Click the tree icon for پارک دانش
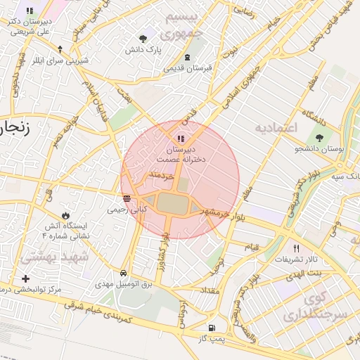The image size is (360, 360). (x=144, y=38)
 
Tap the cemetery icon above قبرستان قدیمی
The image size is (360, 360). (x=187, y=57)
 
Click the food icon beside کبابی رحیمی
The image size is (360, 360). (x=127, y=198)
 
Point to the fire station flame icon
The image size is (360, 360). (x=65, y=215)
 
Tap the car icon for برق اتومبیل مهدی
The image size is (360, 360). (x=124, y=272)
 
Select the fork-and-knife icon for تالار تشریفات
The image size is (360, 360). (x=296, y=248)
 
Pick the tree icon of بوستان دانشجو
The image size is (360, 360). (x=321, y=138)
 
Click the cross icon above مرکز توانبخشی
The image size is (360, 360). (x=26, y=278)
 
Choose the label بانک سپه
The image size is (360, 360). (x=343, y=176)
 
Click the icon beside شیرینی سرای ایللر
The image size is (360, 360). (x=60, y=49)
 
